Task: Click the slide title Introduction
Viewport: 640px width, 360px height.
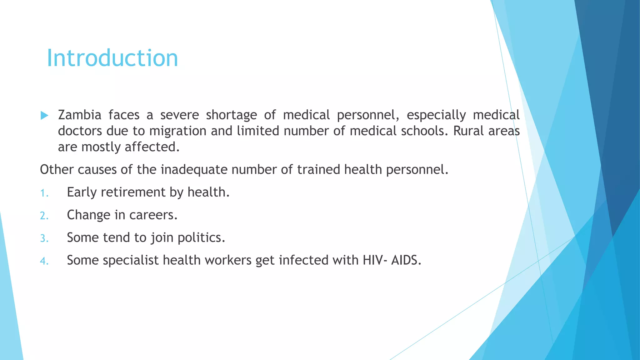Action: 112,58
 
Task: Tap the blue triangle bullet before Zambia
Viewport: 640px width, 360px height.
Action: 44,116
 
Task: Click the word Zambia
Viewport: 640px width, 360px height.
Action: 80,115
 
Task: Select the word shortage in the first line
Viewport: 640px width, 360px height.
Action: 231,115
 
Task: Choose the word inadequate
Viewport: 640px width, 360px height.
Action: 194,170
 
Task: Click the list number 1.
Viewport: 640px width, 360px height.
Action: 44,193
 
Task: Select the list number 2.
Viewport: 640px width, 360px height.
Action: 44,216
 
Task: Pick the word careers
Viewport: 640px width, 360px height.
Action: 153,215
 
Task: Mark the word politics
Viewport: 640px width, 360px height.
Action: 201,238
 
